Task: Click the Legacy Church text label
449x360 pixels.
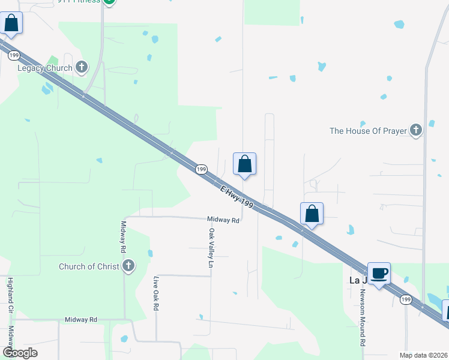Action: coord(45,68)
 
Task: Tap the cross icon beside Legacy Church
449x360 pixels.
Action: coord(83,68)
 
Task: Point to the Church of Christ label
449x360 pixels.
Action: coord(89,266)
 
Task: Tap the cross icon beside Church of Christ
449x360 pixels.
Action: coord(128,266)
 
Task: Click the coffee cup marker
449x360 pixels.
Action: coord(379,274)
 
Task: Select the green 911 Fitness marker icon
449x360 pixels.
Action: coord(109,2)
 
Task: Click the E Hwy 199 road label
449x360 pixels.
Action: coord(237,197)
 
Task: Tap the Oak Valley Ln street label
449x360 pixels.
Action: coord(211,248)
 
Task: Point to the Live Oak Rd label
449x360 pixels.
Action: coord(156,293)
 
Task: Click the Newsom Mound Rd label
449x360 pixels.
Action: coord(363,319)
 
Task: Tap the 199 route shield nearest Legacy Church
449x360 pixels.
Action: coord(14,55)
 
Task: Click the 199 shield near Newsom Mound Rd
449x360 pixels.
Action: coord(406,299)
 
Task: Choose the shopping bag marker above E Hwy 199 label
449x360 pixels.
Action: coord(244,164)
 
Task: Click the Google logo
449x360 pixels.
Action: coord(19,352)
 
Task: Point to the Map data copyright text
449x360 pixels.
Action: coord(423,355)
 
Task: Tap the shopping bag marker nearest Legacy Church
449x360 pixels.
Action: coord(11,24)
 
